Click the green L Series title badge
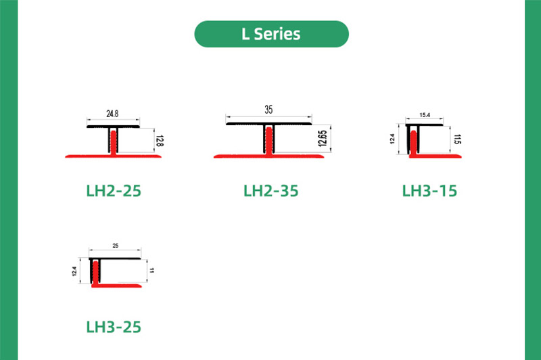pyautogui.click(x=271, y=34)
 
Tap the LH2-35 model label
pyautogui.click(x=270, y=191)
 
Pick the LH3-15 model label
pyautogui.click(x=429, y=191)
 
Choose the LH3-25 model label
pyautogui.click(x=114, y=327)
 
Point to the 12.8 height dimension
pyautogui.click(x=160, y=141)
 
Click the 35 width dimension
pyautogui.click(x=268, y=108)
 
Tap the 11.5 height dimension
pyautogui.click(x=457, y=141)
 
